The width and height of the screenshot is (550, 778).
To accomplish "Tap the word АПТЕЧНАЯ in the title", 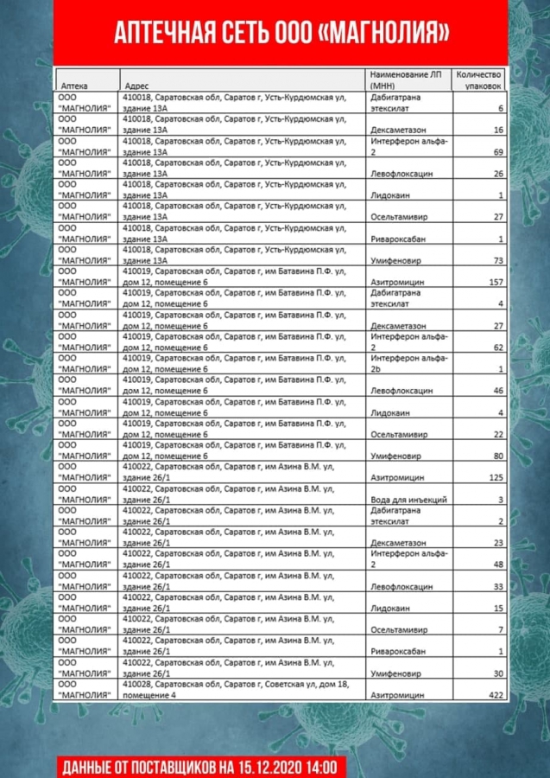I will click(160, 34).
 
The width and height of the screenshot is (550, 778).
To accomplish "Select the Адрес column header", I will click(138, 86).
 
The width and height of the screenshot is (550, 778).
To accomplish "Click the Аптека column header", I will click(73, 86).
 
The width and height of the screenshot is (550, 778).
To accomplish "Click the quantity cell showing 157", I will click(495, 282).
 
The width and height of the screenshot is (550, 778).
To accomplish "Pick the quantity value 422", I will click(495, 694).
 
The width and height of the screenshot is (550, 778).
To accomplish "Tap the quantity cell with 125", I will click(495, 477).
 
